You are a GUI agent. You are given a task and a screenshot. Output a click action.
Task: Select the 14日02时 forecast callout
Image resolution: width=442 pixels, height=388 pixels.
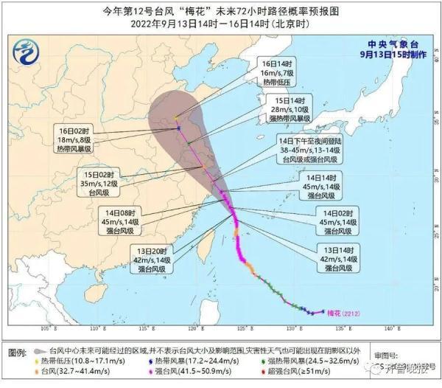pyautogui.click(x=337, y=221)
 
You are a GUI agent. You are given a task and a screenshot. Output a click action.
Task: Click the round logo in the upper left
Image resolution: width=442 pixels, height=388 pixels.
pyautogui.click(x=28, y=53)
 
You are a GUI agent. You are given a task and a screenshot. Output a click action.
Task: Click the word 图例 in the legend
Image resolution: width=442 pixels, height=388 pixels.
pyautogui.click(x=20, y=349)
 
